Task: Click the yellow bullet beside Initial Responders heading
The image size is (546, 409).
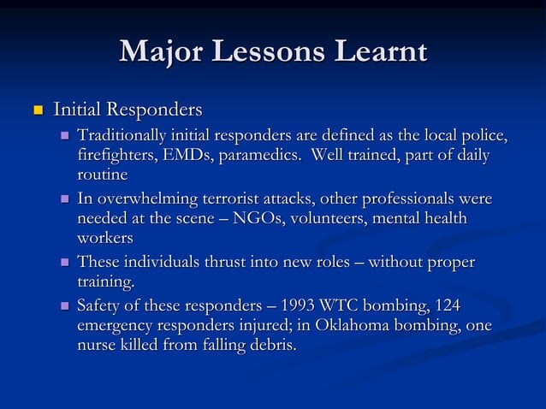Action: coord(37,111)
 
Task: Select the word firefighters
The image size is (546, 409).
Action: coord(115,156)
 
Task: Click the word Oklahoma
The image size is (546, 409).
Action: coord(350,326)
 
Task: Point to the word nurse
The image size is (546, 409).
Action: coord(97,347)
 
